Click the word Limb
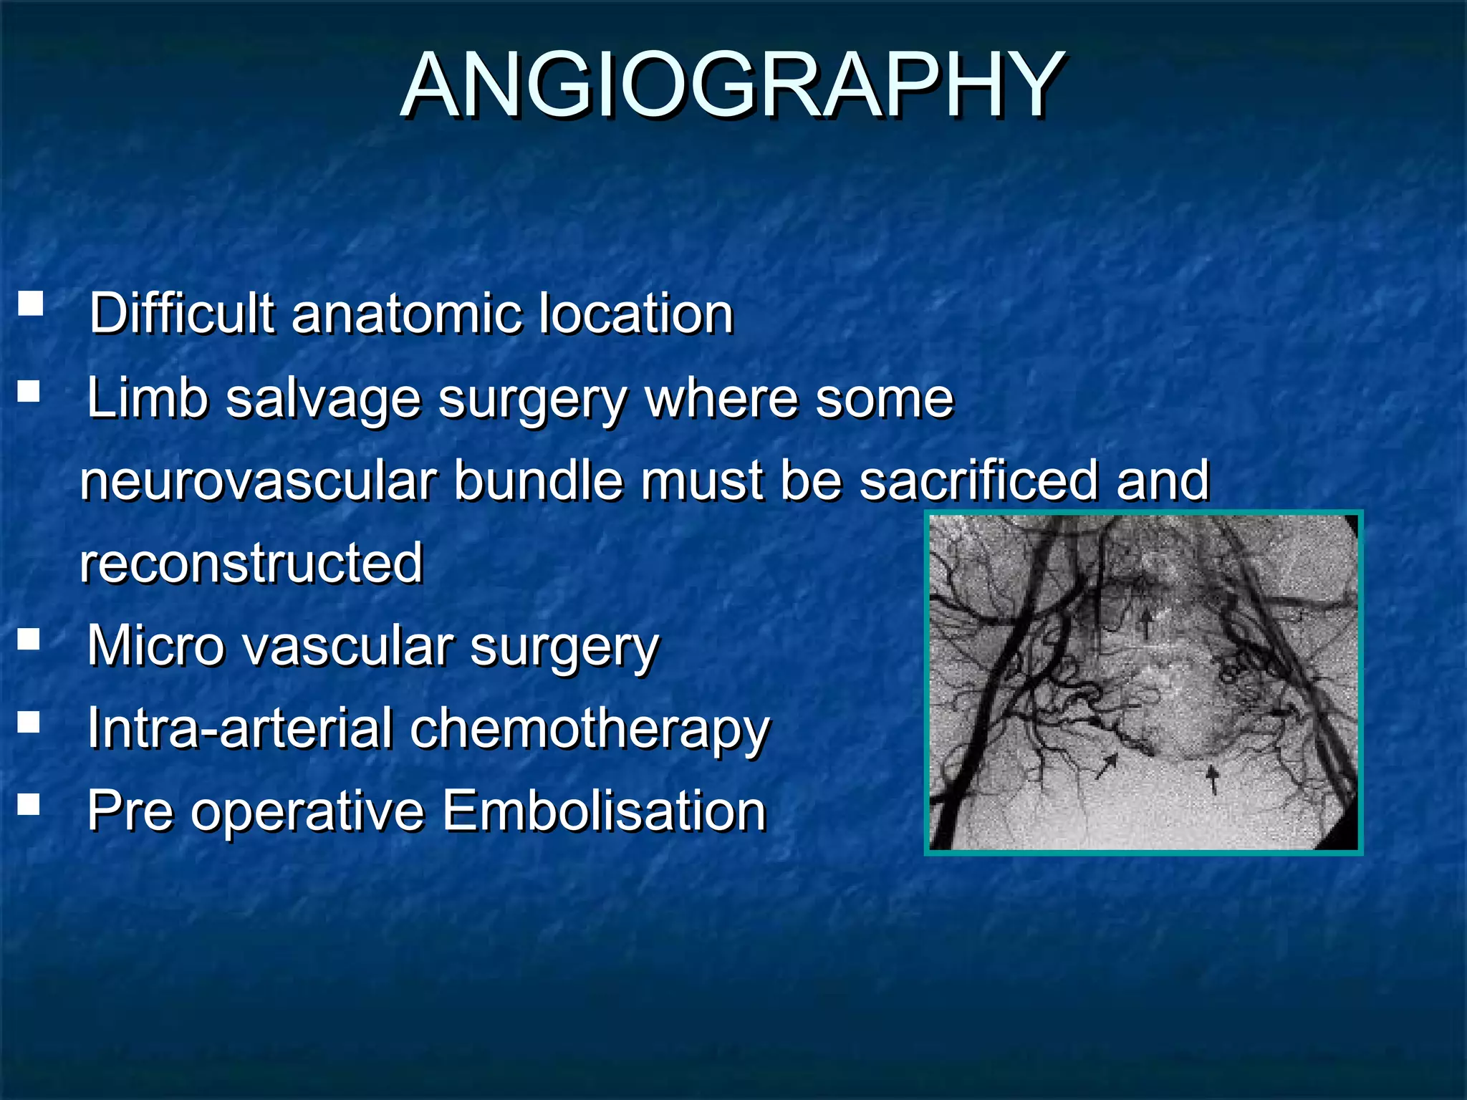click(147, 398)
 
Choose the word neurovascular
click(259, 481)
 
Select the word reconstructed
click(251, 563)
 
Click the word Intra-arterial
click(241, 729)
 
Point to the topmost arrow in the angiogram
click(1146, 621)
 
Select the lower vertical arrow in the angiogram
click(1212, 779)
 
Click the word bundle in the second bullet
click(537, 481)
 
